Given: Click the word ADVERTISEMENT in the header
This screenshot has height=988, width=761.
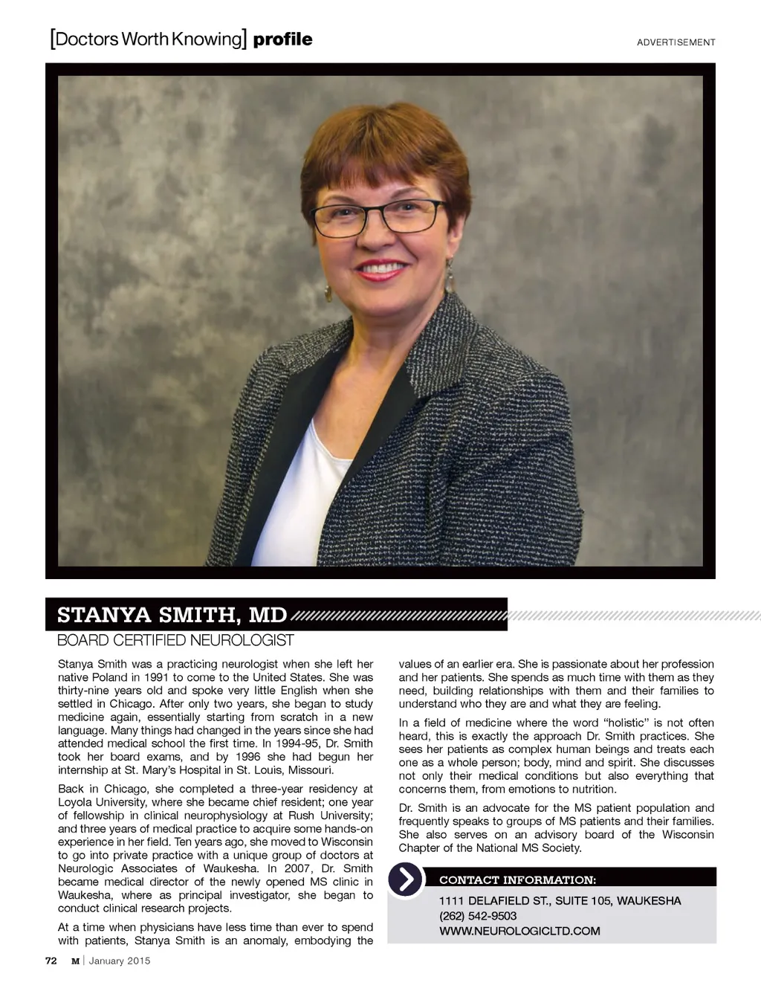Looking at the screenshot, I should pyautogui.click(x=676, y=42).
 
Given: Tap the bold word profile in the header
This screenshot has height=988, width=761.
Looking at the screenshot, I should pyautogui.click(x=282, y=39).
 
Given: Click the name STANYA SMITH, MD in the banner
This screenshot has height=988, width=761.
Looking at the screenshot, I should pyautogui.click(x=172, y=615).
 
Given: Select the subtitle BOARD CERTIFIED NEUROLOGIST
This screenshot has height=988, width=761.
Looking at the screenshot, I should pyautogui.click(x=175, y=640).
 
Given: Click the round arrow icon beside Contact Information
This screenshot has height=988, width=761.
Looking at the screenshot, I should pyautogui.click(x=406, y=879).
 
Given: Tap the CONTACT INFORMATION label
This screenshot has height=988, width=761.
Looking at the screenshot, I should pyautogui.click(x=517, y=880).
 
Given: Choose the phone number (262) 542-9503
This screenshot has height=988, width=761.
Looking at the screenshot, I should pyautogui.click(x=478, y=916).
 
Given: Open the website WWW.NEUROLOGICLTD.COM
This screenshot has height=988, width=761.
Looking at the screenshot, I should pyautogui.click(x=519, y=931).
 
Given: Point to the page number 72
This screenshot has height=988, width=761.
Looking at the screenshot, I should pyautogui.click(x=51, y=960).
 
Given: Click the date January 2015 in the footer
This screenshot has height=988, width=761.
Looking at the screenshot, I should pyautogui.click(x=119, y=960).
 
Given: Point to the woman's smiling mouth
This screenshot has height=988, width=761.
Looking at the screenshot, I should pyautogui.click(x=381, y=268).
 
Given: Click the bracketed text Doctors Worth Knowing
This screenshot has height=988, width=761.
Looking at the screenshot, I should pyautogui.click(x=148, y=39).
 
